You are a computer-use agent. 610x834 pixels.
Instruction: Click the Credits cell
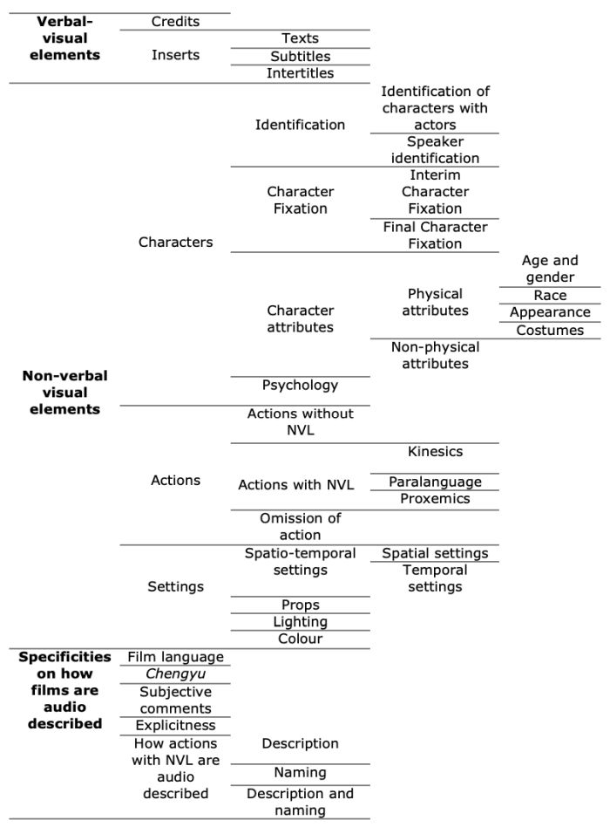(x=175, y=22)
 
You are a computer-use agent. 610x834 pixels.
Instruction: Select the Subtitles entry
(x=300, y=57)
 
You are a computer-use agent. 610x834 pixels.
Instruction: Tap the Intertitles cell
(x=300, y=73)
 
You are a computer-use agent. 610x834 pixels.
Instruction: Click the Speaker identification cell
(x=435, y=150)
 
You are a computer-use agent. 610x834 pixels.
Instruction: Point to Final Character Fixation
(x=435, y=236)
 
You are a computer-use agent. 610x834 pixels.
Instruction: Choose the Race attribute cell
(x=550, y=296)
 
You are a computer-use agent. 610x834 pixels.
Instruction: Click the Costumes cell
(x=550, y=331)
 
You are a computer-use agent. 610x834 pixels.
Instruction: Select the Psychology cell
(x=300, y=385)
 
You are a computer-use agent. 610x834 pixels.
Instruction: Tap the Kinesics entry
(x=435, y=452)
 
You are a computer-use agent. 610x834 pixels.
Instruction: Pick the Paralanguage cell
(x=435, y=482)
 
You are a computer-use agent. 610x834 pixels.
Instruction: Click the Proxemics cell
(x=435, y=499)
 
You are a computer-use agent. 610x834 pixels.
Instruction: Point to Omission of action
(x=300, y=527)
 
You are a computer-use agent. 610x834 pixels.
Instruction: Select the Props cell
(x=300, y=605)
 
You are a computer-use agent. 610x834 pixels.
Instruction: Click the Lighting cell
(x=300, y=622)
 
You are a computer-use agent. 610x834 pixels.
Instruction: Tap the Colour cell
(x=300, y=639)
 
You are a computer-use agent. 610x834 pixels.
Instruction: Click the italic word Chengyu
(x=175, y=674)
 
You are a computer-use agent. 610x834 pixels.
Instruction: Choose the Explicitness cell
(x=175, y=726)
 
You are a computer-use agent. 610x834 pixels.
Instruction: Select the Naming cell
(x=300, y=773)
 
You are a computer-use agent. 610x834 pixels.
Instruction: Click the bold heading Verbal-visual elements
(x=63, y=38)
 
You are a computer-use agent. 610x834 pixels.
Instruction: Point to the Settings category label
(x=175, y=587)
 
